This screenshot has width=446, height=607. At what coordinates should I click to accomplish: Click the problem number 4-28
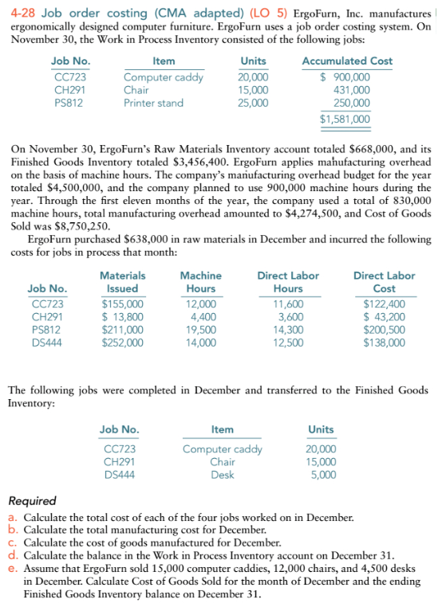[x=22, y=12]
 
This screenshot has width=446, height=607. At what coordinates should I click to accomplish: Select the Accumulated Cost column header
[x=347, y=61]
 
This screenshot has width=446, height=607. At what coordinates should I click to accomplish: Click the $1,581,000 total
[x=345, y=119]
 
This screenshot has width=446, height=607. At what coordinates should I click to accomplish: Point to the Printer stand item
[x=153, y=103]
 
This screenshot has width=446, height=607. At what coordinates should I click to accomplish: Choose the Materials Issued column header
[x=122, y=282]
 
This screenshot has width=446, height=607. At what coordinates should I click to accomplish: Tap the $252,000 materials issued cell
[x=122, y=343]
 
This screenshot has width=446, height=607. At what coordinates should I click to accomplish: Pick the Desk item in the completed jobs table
[x=222, y=475]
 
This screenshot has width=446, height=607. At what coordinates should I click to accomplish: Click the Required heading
[x=32, y=501]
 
